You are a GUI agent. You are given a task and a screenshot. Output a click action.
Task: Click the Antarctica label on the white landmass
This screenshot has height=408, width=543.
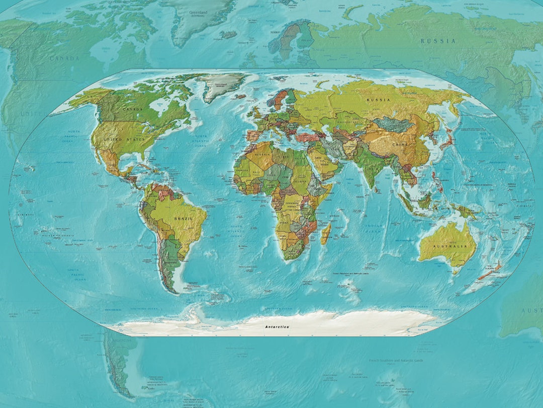click(277, 327)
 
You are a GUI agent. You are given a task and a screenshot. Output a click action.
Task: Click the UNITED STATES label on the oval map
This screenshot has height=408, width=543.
click(124, 139)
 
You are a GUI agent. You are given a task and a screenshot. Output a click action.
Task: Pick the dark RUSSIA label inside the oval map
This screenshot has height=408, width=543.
click(378, 100)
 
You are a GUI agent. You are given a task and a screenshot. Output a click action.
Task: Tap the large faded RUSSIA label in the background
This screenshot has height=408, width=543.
click(438, 41)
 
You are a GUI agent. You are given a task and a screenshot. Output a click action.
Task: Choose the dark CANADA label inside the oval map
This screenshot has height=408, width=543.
click(133, 109)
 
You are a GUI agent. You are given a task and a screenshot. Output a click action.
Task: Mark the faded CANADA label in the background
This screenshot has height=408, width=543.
click(64, 58)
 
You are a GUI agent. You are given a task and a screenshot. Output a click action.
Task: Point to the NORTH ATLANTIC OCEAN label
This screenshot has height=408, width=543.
click(201, 140)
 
